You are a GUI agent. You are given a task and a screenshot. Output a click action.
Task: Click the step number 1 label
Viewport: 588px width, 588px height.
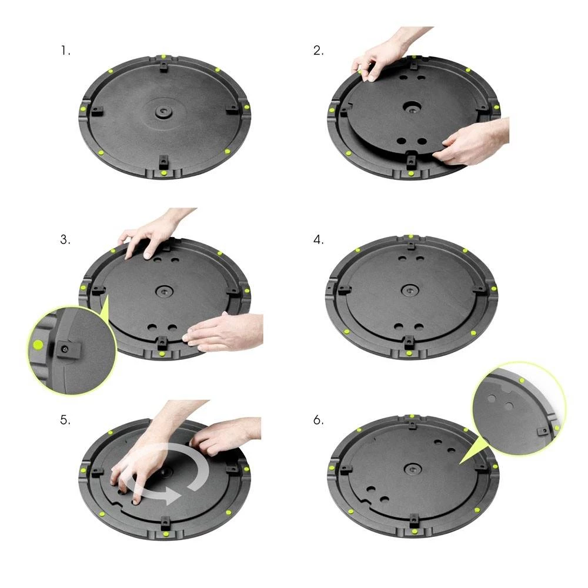[65, 51]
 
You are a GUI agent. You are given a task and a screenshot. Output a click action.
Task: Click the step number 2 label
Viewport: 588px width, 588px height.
[318, 51]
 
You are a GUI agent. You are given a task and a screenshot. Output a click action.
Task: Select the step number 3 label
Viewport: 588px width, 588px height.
[65, 240]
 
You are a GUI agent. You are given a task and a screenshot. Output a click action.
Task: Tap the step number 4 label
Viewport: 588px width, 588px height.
[318, 240]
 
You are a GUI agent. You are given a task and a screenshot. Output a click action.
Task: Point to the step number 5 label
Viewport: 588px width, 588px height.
[65, 420]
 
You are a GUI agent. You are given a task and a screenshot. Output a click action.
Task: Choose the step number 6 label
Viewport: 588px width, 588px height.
[318, 420]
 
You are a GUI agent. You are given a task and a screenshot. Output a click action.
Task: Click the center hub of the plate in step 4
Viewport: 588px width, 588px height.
[410, 290]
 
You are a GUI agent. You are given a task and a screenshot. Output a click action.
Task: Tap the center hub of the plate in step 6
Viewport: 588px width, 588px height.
[410, 469]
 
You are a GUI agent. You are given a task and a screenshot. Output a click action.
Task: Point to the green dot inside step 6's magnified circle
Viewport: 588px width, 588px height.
[522, 382]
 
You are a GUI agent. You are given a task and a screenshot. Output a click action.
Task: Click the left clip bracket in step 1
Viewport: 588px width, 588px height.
[97, 109]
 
